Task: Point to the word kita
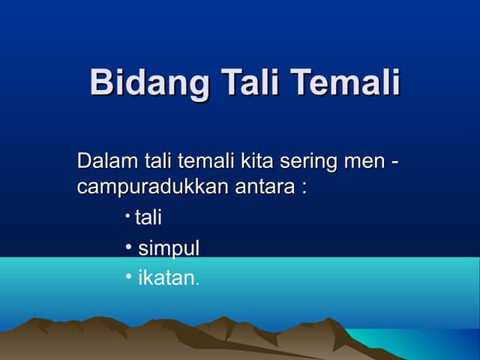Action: pos(256,161)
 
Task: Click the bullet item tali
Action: pos(148,217)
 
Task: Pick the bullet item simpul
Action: pos(169,249)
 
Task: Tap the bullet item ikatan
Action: pos(166,278)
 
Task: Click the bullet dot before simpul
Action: pos(129,246)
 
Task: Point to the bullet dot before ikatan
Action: pos(129,276)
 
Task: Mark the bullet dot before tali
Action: pos(128,216)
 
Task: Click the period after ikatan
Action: pos(197,283)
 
